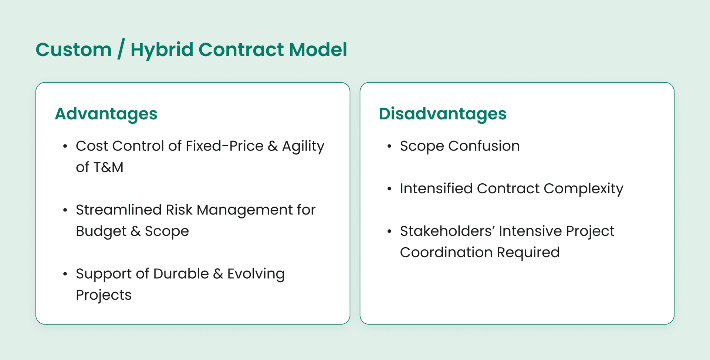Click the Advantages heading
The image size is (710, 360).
tap(106, 114)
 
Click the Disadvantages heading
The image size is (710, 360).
tap(442, 114)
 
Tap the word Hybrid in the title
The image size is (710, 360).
tap(162, 50)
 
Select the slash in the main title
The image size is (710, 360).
tap(121, 50)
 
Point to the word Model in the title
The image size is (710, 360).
tap(318, 50)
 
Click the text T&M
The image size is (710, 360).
tap(108, 167)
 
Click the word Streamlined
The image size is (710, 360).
tap(119, 210)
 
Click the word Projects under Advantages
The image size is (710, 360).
tap(104, 295)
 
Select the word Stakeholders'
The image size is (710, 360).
tap(447, 231)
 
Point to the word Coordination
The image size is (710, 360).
tap(446, 252)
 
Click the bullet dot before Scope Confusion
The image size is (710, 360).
tap(389, 147)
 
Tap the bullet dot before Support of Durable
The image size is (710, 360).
tap(65, 274)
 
